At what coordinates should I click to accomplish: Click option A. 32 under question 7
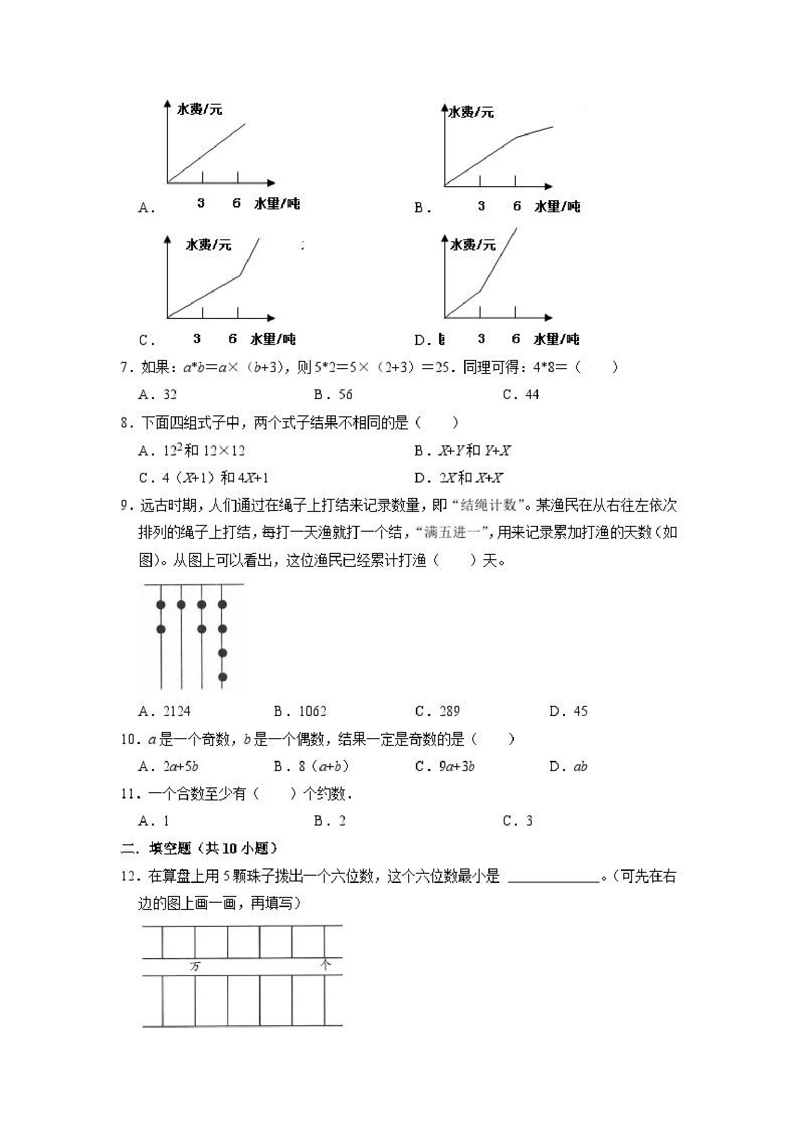(157, 394)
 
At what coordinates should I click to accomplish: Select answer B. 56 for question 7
(333, 394)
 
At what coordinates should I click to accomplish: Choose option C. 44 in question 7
(521, 394)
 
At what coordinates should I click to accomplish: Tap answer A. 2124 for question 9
(164, 711)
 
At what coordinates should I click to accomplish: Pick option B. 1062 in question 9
(300, 711)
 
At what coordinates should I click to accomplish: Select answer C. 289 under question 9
(437, 711)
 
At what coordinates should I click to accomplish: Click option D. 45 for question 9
(568, 711)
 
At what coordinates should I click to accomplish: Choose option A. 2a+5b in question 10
(168, 766)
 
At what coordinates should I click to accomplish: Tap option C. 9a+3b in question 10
(444, 766)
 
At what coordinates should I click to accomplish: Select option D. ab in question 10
(568, 766)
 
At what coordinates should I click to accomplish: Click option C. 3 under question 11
(518, 821)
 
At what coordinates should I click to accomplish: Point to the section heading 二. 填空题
(199, 848)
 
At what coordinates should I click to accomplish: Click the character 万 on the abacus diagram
(195, 966)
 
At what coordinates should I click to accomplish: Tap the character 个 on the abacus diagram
(325, 965)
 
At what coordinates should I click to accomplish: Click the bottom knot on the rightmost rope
(222, 677)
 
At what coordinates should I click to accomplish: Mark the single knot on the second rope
(181, 605)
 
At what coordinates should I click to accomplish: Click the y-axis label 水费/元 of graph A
(199, 109)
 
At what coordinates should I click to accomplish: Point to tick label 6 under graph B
(516, 206)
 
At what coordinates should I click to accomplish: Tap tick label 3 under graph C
(197, 338)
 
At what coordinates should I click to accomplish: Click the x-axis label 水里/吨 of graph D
(556, 339)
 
